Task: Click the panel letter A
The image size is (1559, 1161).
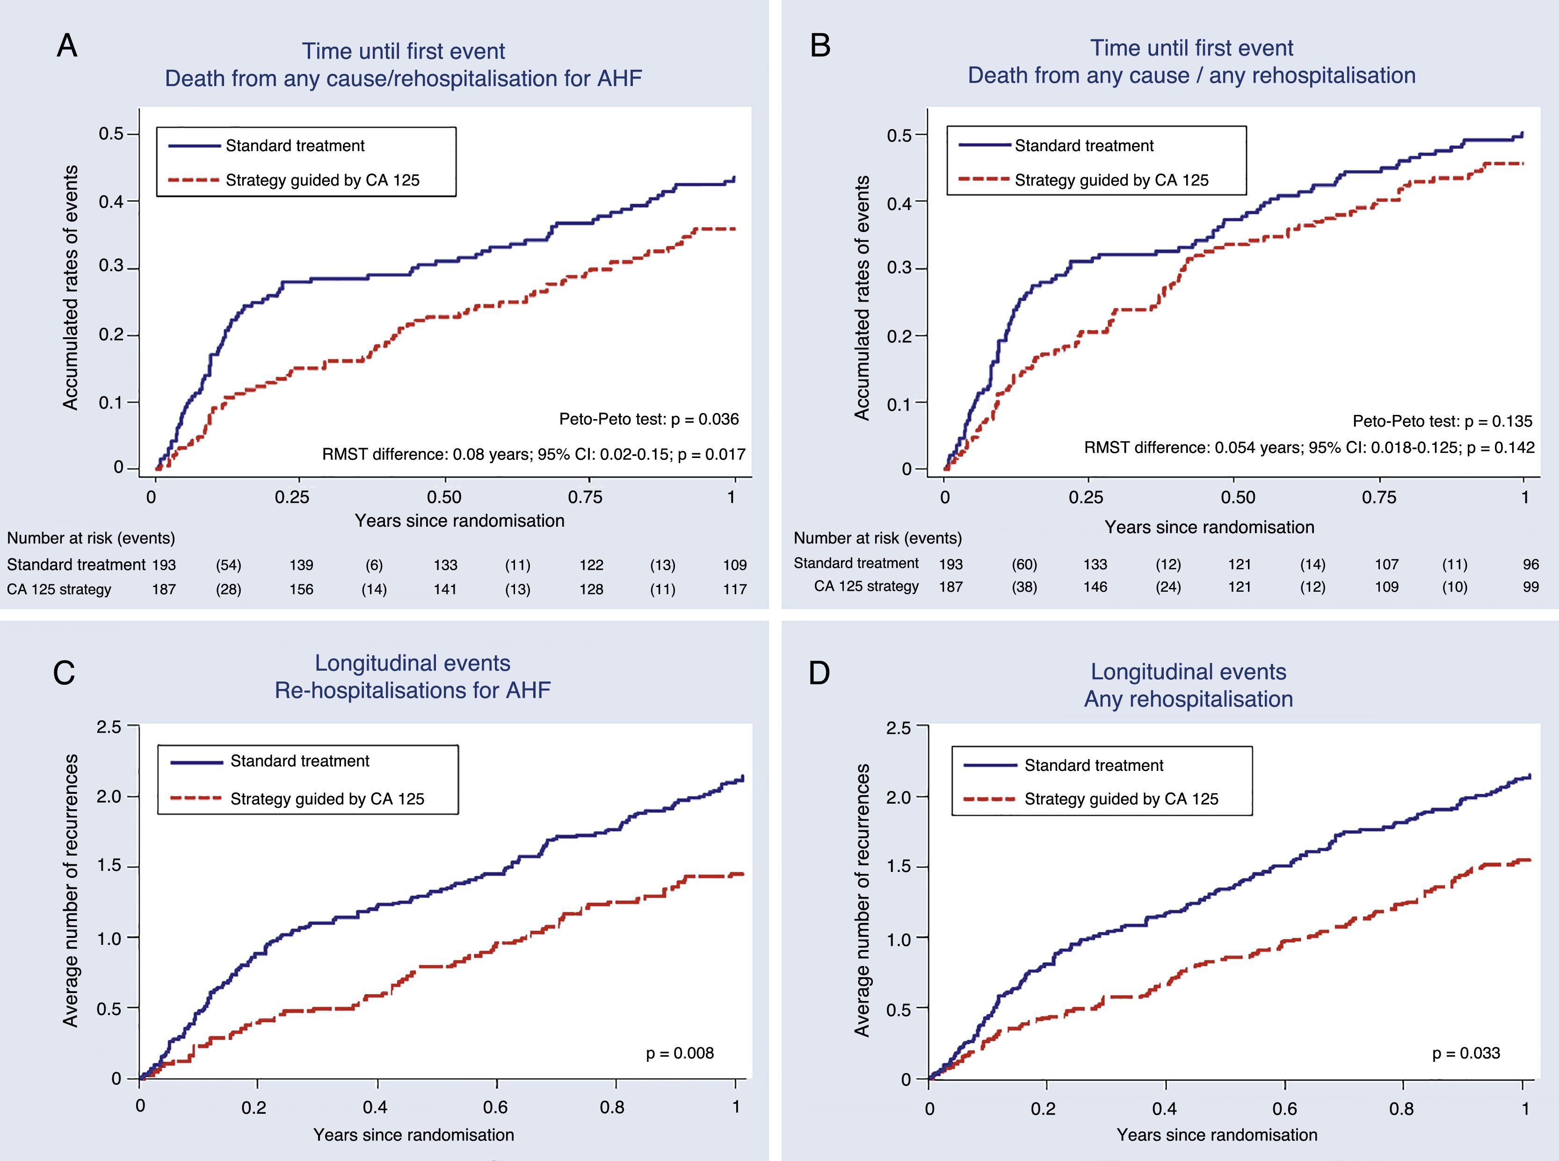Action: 67,46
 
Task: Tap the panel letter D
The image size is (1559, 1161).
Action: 819,673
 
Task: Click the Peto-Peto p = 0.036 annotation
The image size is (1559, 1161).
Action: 648,420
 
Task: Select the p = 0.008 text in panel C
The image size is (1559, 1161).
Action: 679,1053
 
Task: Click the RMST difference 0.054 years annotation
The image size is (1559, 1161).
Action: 1309,448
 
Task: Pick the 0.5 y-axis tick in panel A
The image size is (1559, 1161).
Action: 111,133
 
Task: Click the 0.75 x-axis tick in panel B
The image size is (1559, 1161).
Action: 1378,498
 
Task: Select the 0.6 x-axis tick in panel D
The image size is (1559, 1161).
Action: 1284,1108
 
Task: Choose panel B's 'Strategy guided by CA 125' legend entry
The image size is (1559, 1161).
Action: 1111,180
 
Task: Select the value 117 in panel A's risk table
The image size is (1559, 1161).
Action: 734,589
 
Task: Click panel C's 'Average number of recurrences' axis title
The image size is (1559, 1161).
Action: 70,891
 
